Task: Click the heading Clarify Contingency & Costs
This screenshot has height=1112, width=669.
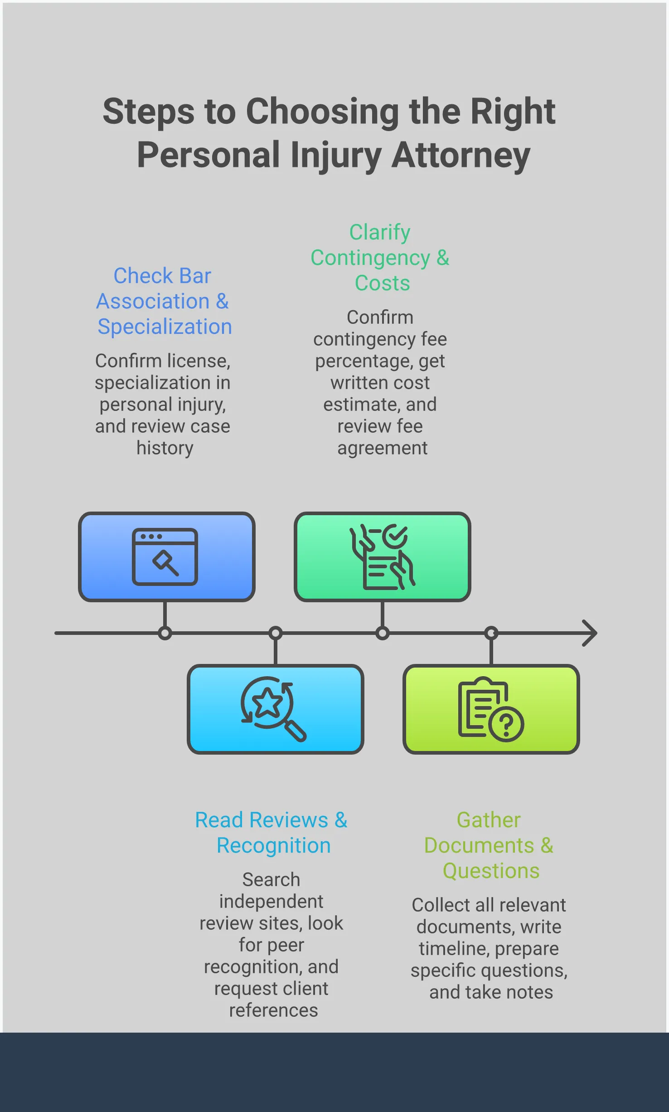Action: tap(380, 258)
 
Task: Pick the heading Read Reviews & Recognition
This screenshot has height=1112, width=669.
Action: tap(271, 833)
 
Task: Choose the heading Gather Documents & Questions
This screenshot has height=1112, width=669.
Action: tap(489, 845)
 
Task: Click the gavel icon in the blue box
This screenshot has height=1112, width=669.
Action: tap(165, 562)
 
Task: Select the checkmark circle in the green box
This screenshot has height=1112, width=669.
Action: tap(395, 536)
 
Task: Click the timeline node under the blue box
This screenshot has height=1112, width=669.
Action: tap(165, 633)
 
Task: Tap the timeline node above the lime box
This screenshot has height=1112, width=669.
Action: tap(491, 633)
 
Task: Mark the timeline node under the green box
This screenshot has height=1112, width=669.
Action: tap(383, 633)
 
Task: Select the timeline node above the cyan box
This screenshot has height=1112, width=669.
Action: tap(276, 633)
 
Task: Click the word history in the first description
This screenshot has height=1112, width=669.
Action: tap(165, 448)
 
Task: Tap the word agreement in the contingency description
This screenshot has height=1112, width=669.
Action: tap(382, 448)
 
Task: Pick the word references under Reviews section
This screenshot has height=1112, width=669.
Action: tap(273, 1010)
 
